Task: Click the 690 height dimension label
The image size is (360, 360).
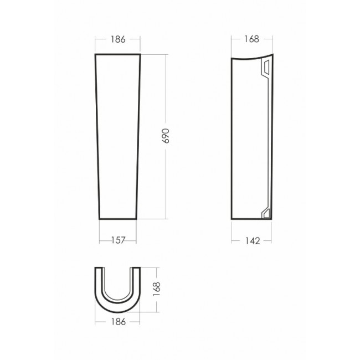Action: tap(166, 136)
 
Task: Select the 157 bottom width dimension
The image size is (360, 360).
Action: tap(118, 240)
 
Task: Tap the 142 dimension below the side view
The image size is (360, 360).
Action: tap(253, 241)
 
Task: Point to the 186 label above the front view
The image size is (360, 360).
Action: tap(118, 39)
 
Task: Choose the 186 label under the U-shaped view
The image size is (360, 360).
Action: tap(118, 322)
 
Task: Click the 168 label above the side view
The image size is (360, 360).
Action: tap(251, 39)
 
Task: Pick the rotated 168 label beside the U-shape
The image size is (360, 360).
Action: tap(157, 289)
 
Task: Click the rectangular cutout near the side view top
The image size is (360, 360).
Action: tap(267, 67)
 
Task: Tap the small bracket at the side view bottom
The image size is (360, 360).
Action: tap(266, 213)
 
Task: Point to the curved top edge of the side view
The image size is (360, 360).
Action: tap(252, 58)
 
